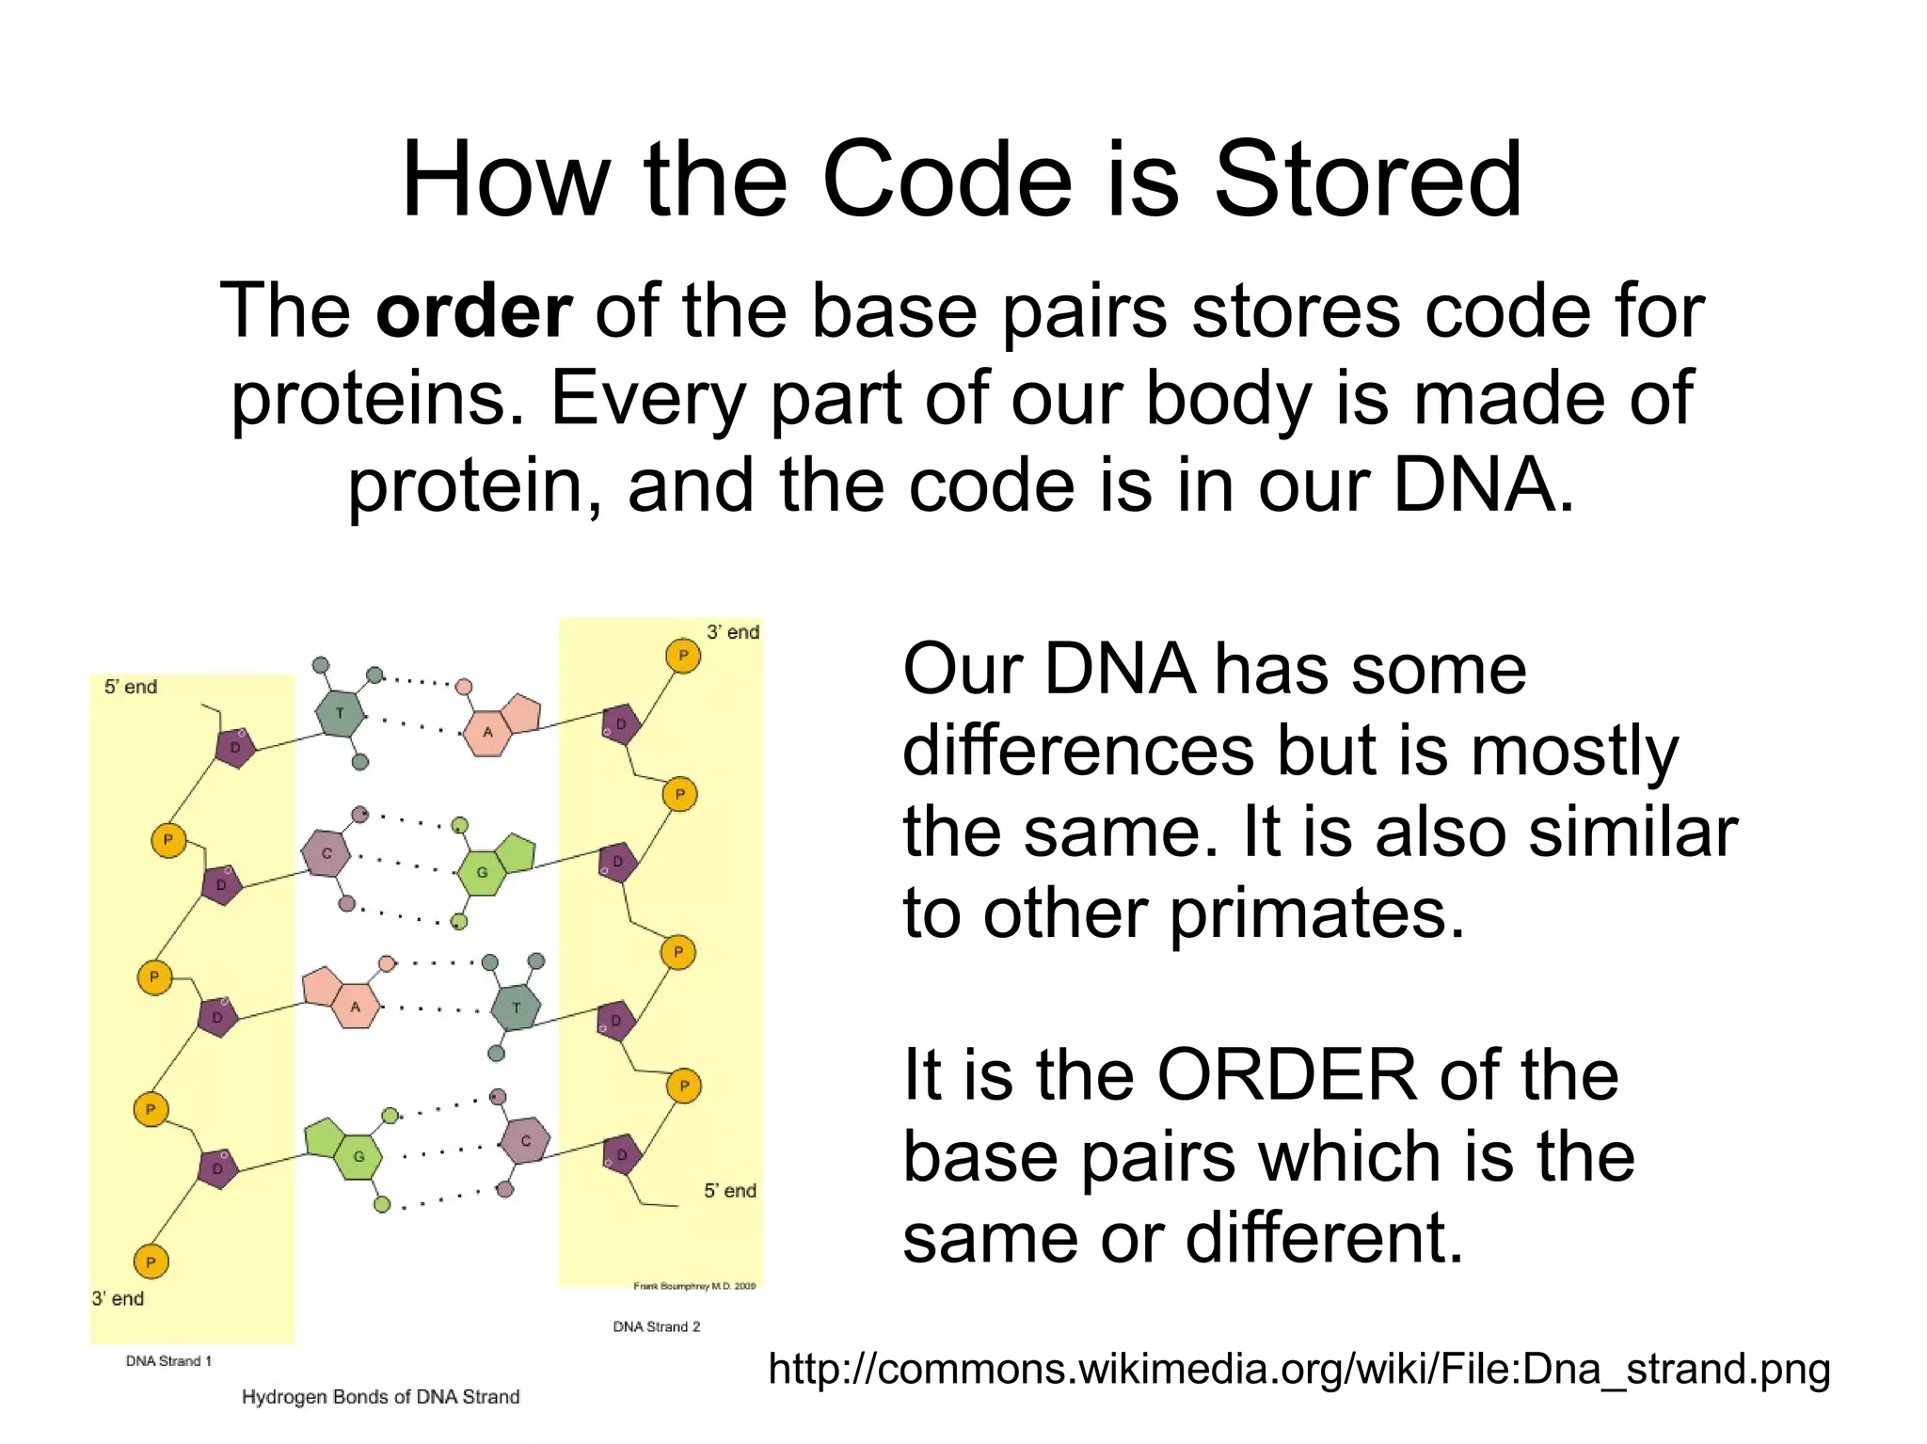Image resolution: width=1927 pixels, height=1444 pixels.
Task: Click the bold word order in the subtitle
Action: [473, 311]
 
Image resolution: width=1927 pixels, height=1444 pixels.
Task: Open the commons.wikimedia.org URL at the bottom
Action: [1298, 1369]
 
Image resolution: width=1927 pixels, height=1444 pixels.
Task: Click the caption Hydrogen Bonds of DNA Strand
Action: [380, 1397]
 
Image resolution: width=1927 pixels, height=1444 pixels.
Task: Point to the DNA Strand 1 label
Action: [168, 1361]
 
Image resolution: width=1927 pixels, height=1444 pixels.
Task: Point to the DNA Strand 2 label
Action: [656, 1326]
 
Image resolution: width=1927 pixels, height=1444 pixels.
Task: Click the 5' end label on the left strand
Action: [131, 687]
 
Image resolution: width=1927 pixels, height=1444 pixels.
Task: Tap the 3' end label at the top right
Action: [733, 632]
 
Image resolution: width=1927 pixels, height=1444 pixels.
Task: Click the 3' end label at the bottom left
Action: [118, 1299]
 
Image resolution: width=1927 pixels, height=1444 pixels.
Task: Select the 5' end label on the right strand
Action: [730, 1191]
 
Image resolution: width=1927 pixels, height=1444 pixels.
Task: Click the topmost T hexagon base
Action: [340, 714]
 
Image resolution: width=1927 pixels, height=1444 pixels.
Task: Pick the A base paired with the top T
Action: [487, 732]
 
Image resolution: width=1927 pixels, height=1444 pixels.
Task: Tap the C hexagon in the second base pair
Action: [326, 853]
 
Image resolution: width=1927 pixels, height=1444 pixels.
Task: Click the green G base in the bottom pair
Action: [358, 1156]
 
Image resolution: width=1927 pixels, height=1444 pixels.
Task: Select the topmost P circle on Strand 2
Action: [683, 656]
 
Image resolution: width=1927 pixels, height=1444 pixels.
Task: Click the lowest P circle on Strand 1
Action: [151, 1262]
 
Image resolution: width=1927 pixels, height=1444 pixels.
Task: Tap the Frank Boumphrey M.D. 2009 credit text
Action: [694, 1286]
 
